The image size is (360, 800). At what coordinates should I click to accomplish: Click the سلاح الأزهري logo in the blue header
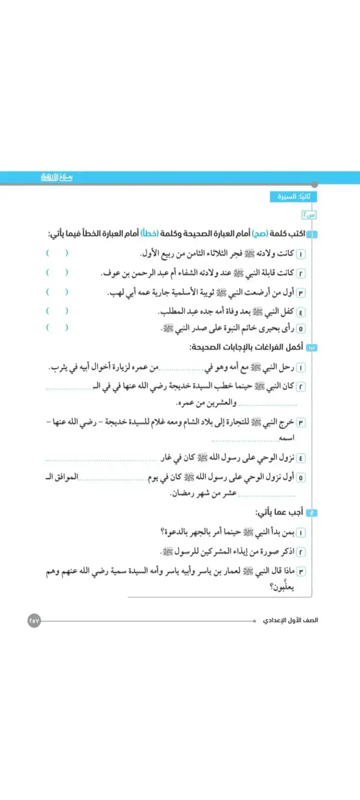(57, 177)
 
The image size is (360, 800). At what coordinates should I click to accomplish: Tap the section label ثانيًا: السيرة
(294, 197)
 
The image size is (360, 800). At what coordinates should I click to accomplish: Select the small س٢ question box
(309, 215)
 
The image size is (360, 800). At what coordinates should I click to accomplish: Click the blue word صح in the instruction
(261, 234)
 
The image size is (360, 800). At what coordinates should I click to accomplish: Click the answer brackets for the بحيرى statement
(57, 328)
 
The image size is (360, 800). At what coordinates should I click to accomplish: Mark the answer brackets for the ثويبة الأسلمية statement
(57, 292)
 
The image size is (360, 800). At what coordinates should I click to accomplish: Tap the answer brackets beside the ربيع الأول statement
(57, 253)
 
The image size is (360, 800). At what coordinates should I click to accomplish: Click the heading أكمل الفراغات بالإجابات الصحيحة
(246, 347)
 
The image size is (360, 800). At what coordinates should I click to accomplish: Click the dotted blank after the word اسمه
(245, 439)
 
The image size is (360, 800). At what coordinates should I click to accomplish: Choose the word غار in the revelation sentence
(166, 458)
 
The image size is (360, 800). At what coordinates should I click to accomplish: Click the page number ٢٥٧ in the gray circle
(34, 621)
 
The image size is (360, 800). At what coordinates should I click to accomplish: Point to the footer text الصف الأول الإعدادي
(290, 621)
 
